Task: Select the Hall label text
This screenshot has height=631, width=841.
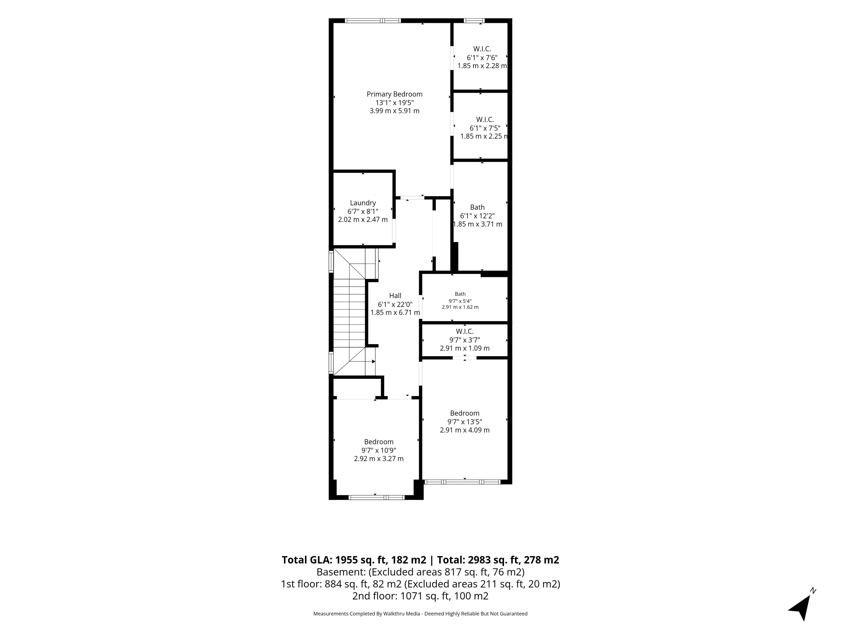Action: click(x=395, y=296)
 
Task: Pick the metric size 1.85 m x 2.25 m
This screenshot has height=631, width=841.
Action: click(x=484, y=136)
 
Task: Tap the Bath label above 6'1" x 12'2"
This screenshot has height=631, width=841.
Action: click(x=477, y=207)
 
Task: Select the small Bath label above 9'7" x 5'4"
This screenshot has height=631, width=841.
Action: click(x=460, y=294)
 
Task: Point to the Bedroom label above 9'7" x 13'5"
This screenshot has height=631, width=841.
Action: click(x=465, y=413)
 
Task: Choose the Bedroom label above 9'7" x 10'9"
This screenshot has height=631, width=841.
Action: click(x=379, y=441)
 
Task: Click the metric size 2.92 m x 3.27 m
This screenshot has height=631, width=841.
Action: click(x=379, y=459)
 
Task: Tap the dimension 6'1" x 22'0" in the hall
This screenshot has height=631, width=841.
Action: click(x=395, y=304)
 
